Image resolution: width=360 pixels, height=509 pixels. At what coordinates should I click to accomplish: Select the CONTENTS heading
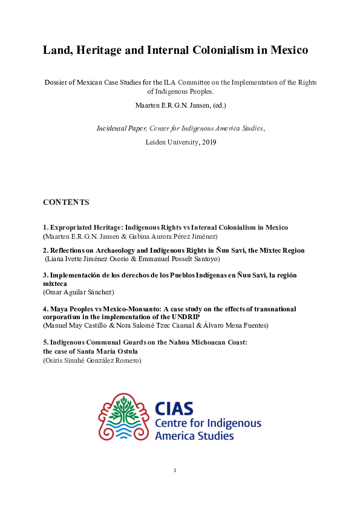click(x=66, y=202)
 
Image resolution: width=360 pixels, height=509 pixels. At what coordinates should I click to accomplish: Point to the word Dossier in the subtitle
click(x=58, y=82)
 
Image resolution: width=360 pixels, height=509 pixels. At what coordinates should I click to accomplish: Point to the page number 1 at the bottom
click(x=175, y=470)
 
